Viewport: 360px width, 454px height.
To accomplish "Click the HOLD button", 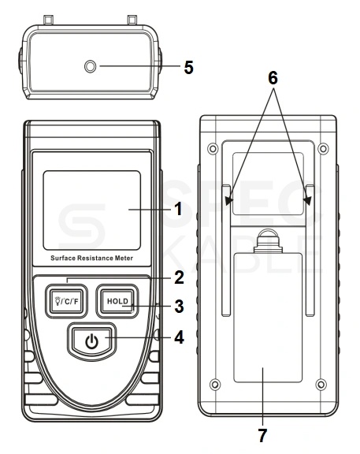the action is [117, 301].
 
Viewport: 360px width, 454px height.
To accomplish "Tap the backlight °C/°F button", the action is [66, 301].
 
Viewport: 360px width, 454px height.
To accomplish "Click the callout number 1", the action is [179, 209].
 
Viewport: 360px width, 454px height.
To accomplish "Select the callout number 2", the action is [179, 277].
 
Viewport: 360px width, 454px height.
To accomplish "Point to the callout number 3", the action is [179, 307].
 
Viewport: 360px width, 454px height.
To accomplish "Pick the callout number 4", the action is [179, 337].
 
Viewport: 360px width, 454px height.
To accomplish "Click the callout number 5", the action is [189, 68].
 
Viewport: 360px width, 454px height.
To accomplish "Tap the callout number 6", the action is [273, 78].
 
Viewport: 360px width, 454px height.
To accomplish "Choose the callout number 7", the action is [262, 435].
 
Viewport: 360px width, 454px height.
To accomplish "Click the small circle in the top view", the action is [90, 66].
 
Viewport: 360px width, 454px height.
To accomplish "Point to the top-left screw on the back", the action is [213, 149].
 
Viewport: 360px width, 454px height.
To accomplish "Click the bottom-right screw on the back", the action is [321, 385].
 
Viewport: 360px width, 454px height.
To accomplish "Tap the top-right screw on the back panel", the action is [323, 149].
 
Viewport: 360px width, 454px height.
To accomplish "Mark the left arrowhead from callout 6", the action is [229, 201].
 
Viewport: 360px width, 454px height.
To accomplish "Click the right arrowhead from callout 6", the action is [307, 201].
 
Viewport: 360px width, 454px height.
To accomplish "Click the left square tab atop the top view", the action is [48, 20].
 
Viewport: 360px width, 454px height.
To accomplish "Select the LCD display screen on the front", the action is [91, 210].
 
